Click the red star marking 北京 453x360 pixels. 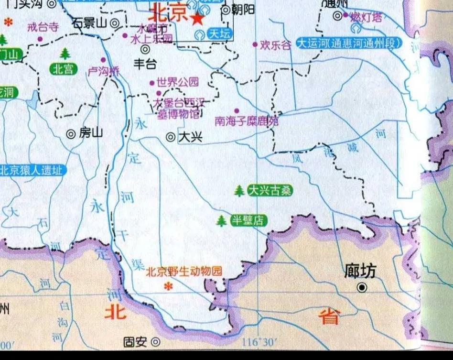(x=196, y=19)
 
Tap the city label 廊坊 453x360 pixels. (x=360, y=271)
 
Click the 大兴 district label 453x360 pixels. (x=190, y=137)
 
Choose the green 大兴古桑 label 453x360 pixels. (x=269, y=191)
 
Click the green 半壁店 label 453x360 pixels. (x=248, y=220)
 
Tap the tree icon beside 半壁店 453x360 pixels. (x=221, y=220)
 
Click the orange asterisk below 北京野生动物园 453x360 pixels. (x=168, y=286)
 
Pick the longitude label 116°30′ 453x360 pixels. (x=260, y=342)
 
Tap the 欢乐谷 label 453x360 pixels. (x=275, y=46)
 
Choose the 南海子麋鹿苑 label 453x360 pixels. (x=246, y=121)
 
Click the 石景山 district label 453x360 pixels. (x=89, y=22)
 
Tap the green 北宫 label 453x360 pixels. (x=64, y=69)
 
